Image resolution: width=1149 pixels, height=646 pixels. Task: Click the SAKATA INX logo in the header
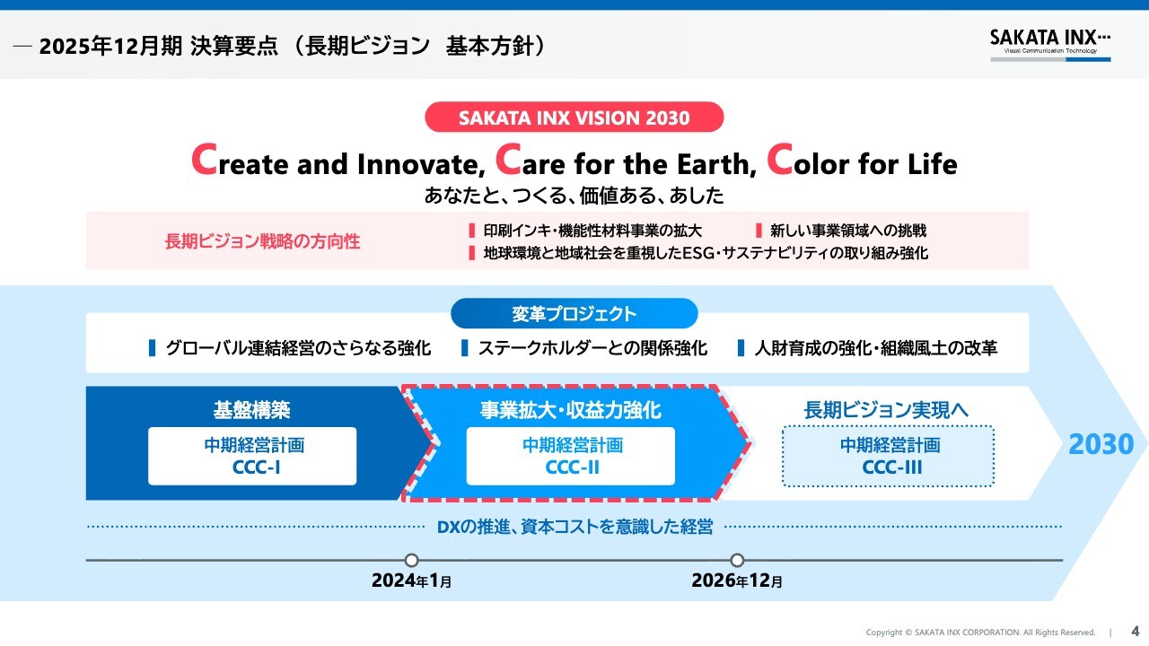1050,45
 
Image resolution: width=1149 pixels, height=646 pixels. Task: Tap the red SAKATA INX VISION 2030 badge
574,117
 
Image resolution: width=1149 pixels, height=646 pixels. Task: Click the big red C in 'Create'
204,160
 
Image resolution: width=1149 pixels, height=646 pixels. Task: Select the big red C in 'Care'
508,160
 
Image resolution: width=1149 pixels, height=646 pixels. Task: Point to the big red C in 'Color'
780,160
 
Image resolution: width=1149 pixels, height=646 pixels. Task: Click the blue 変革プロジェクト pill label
574,313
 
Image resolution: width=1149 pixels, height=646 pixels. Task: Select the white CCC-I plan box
252,456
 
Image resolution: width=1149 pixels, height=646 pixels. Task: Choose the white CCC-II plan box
570,456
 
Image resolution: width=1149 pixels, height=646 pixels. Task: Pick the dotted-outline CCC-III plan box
889,456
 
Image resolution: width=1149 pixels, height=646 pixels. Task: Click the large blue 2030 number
1101,444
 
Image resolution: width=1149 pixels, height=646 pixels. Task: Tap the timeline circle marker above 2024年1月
411,560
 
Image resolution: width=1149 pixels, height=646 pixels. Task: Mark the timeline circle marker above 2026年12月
737,560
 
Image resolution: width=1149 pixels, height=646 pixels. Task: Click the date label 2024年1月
411,581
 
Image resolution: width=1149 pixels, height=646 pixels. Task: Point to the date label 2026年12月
737,581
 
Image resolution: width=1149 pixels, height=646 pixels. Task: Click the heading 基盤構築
252,410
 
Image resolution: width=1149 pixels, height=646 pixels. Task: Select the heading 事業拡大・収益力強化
570,410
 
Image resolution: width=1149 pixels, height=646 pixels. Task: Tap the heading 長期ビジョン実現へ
886,410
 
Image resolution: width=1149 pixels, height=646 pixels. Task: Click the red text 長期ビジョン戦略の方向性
262,241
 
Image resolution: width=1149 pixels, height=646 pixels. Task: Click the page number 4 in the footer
1136,631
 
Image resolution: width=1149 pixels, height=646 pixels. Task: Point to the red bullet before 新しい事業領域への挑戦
759,231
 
